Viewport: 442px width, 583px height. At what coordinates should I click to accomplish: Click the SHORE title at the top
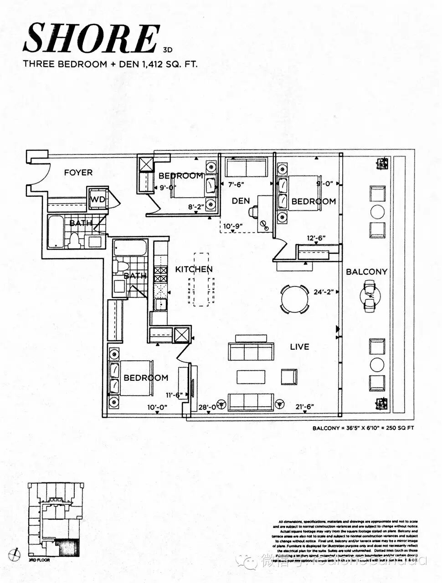tap(91, 38)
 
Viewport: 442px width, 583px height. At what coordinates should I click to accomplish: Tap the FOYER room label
tap(78, 173)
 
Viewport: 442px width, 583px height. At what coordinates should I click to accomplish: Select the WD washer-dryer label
tap(97, 199)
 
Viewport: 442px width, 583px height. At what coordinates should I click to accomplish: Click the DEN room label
tap(240, 201)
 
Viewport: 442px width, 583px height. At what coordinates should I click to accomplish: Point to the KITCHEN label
tap(194, 270)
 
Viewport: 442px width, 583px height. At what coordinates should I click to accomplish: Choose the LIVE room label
tap(299, 347)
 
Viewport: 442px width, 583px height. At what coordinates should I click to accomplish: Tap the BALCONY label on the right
tap(366, 272)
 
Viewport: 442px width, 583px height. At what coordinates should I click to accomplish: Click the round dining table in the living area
tap(294, 299)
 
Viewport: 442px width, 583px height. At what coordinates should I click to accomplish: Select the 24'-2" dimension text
tap(324, 293)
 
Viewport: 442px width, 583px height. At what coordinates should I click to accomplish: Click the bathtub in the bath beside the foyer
tap(57, 232)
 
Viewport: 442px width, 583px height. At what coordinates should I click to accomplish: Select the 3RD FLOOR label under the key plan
tap(39, 560)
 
